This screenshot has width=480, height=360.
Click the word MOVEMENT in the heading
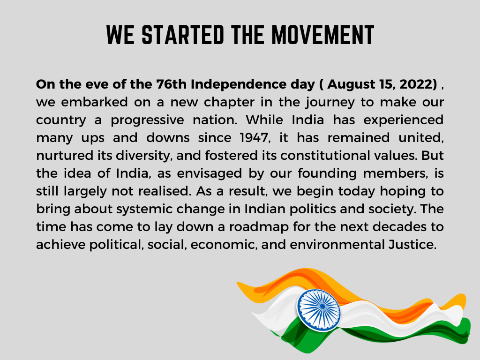click(322, 35)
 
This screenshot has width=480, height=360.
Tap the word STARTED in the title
click(183, 35)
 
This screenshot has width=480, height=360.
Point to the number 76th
click(172, 84)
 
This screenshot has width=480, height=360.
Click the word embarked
click(94, 102)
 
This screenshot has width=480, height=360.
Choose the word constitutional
click(325, 156)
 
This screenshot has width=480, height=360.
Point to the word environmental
click(337, 245)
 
